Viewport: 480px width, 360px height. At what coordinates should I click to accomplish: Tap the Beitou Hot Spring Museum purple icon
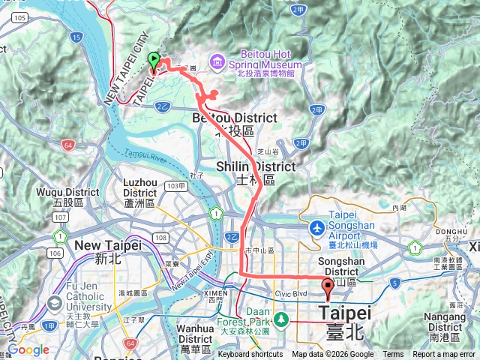(x=216, y=59)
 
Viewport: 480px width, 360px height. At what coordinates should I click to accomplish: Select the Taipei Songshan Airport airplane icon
(x=316, y=226)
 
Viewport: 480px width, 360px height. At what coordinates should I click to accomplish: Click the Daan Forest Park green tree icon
(x=280, y=320)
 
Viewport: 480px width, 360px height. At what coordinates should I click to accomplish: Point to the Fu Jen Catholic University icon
(x=53, y=304)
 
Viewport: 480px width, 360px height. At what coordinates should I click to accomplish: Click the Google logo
(x=28, y=350)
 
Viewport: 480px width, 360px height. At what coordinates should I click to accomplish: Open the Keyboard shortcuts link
(x=250, y=355)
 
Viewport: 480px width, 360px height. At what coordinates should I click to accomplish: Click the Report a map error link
(x=444, y=355)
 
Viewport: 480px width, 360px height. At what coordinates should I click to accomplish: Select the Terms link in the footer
(x=393, y=355)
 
